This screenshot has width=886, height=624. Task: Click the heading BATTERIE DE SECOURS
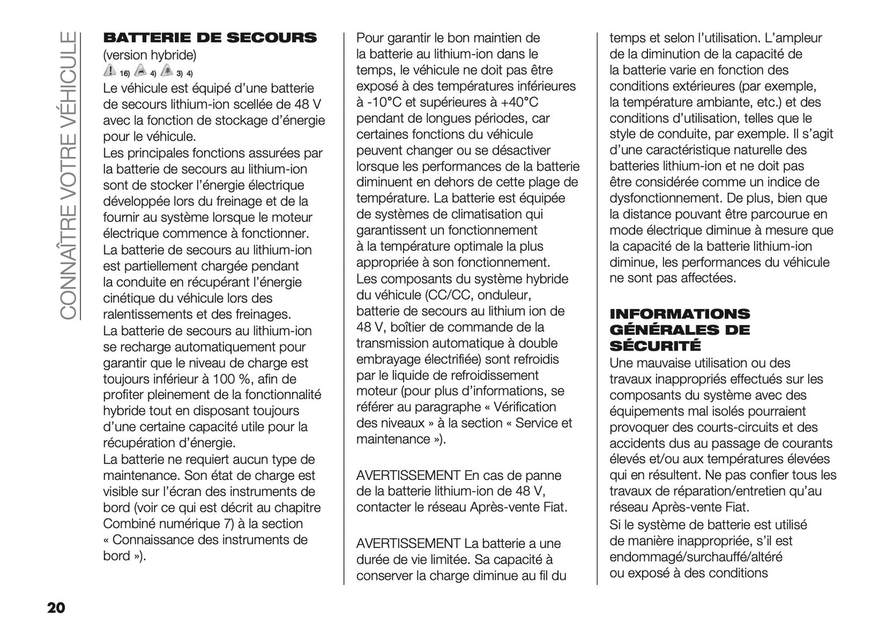point(210,38)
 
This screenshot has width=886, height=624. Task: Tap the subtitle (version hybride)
point(150,55)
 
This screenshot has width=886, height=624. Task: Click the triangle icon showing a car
point(140,71)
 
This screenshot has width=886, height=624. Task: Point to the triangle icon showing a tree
point(166,71)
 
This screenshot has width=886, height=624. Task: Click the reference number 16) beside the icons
point(124,74)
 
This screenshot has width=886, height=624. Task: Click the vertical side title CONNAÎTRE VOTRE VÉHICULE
point(69,175)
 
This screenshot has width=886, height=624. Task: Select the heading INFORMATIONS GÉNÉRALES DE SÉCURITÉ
point(679,330)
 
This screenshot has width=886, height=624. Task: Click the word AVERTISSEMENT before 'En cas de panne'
point(408,475)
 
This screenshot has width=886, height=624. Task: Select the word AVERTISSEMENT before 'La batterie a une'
point(408,543)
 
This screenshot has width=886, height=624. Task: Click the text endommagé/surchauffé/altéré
point(695,557)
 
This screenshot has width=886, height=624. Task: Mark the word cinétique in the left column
point(128,299)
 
